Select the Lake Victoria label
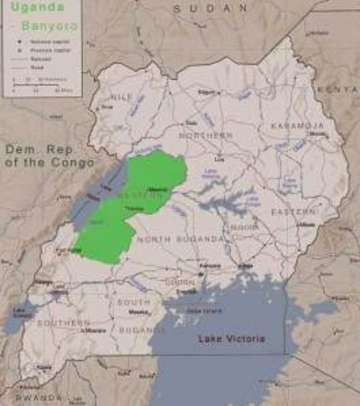[x=231, y=339]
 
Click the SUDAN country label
[x=210, y=9]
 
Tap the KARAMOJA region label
[x=298, y=126]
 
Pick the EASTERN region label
[x=294, y=212]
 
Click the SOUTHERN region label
[x=64, y=323]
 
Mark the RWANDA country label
[x=39, y=398]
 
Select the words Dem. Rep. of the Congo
[x=49, y=156]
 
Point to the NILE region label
[x=121, y=97]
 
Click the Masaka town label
[x=139, y=312]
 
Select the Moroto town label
[x=317, y=134]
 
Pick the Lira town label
[x=219, y=158]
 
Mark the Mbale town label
[x=307, y=224]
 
